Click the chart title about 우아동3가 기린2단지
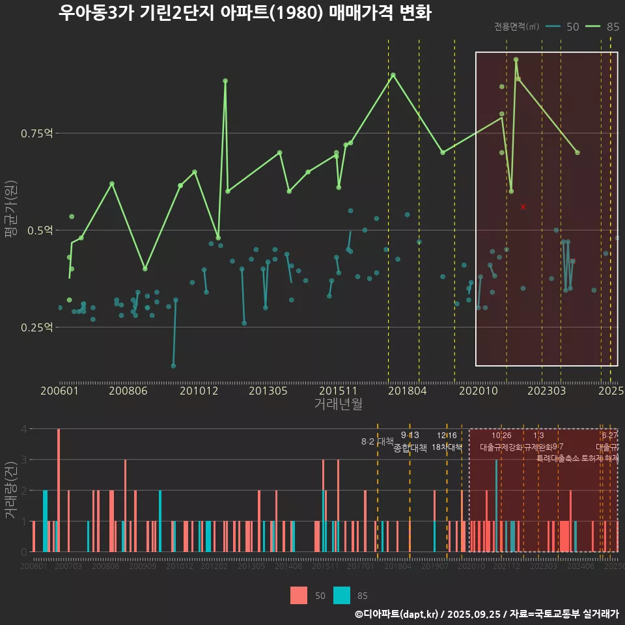[244, 13]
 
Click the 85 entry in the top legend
[602, 27]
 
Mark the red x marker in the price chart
[523, 207]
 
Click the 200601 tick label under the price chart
[59, 391]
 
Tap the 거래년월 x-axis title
[338, 404]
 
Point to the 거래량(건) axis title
[10, 490]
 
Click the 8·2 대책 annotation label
[378, 441]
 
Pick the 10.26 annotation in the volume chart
[501, 436]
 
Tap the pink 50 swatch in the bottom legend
[299, 595]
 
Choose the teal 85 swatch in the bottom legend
[341, 595]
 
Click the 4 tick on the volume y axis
[24, 429]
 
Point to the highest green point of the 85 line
[516, 59]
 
